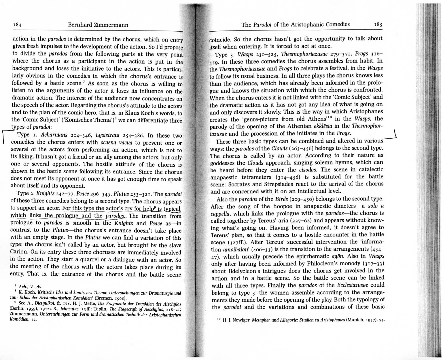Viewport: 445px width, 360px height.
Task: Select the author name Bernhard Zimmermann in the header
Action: coord(98,25)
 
